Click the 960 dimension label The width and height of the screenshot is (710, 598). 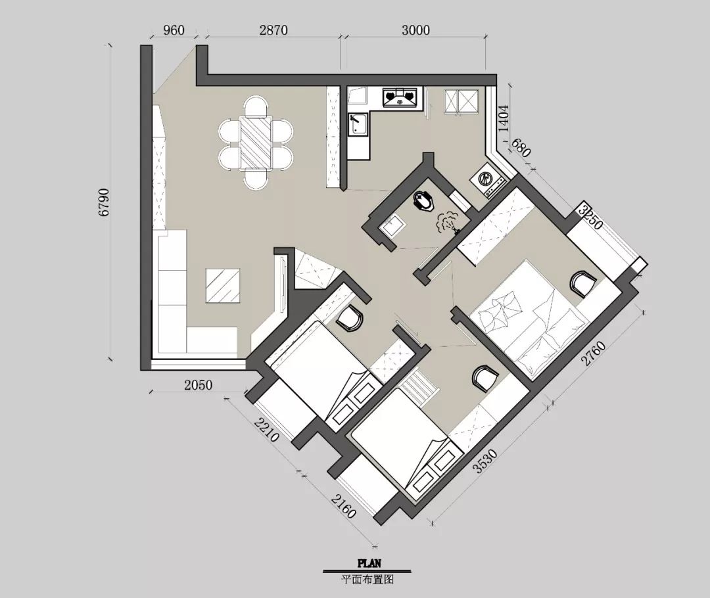174,30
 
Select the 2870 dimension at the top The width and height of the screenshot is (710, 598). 273,30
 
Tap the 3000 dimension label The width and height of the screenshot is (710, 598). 415,30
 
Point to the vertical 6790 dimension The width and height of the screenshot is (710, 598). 104,202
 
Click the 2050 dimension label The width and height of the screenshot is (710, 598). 198,385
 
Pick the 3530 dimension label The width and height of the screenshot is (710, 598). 486,461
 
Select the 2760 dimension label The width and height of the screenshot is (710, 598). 594,354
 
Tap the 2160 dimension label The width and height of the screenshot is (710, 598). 343,506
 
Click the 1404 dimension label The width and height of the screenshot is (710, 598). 504,118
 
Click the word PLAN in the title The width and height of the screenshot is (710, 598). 369,564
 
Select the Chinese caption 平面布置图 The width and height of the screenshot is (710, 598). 367,580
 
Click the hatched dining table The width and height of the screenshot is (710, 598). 255,143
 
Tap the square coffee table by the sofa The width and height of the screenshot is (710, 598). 223,285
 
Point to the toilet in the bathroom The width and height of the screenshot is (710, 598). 424,201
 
